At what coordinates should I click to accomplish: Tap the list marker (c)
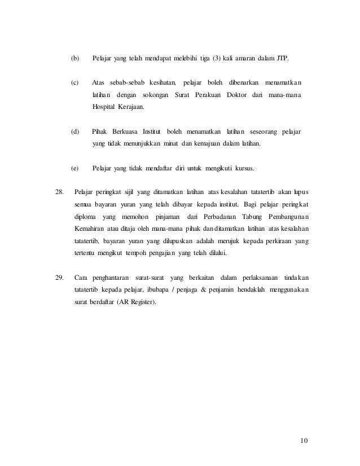(x=74, y=83)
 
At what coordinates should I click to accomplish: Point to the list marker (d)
(x=74, y=132)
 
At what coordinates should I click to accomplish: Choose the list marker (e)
(x=74, y=168)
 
